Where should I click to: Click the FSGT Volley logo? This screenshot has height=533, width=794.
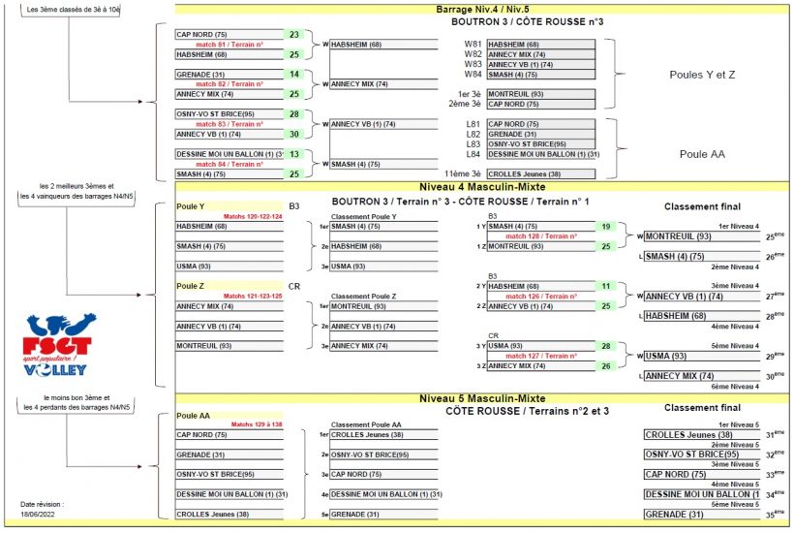tap(58, 344)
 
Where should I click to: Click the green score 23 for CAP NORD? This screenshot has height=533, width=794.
tap(294, 35)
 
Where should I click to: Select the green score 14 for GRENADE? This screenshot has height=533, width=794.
tap(294, 75)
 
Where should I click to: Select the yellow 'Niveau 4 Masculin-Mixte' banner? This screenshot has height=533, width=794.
tap(482, 186)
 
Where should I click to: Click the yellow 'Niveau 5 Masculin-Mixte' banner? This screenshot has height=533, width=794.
tap(482, 398)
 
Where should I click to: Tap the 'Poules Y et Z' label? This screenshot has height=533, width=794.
tap(702, 75)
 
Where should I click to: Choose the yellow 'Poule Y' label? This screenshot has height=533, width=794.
tap(191, 206)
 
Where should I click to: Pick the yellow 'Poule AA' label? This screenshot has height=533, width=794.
tap(194, 415)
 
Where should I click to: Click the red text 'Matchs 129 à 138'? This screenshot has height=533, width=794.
tap(256, 424)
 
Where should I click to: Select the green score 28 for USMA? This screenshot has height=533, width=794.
tap(605, 346)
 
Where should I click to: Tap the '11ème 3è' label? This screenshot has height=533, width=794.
tap(459, 174)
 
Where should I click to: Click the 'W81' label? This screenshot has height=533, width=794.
tap(473, 45)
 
